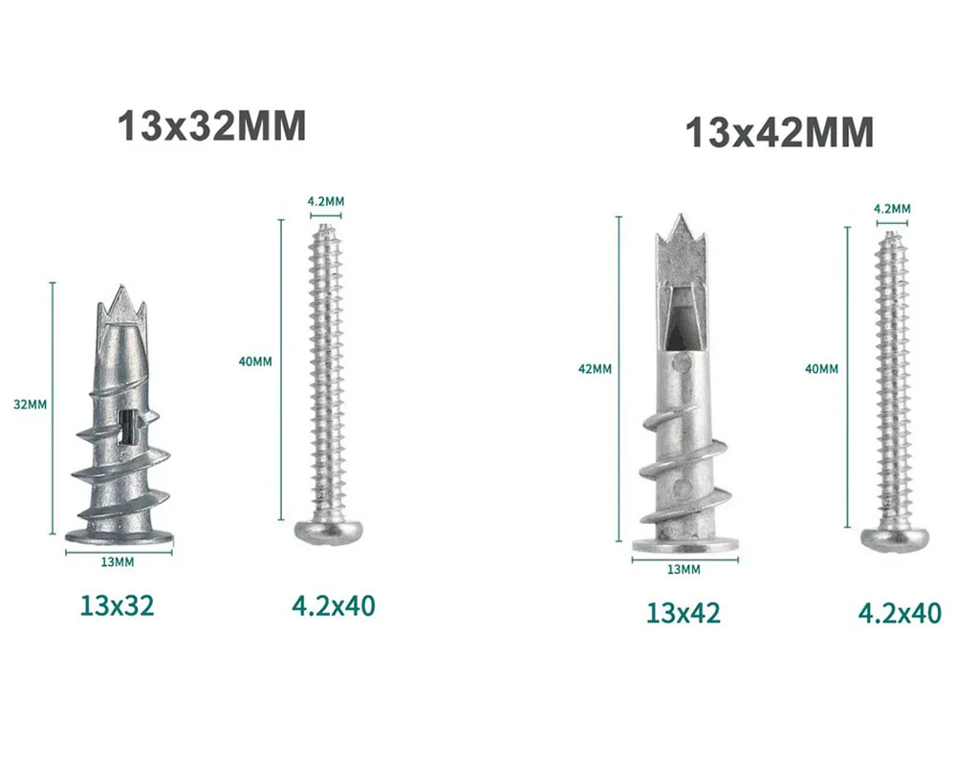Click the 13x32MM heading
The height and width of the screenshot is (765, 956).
coord(211,125)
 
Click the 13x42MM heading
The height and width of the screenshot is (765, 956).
coord(780,132)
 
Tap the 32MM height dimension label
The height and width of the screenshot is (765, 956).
coord(30,404)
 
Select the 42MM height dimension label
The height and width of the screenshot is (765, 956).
coord(595,368)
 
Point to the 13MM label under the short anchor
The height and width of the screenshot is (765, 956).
coord(117,562)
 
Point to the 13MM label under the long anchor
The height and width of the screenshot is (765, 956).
coord(684,569)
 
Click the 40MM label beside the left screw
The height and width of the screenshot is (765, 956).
coord(255,361)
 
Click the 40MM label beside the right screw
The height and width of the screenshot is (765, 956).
coord(821,368)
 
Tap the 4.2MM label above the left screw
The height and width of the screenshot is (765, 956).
coord(326,201)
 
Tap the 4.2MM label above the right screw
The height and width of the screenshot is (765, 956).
coord(892,208)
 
